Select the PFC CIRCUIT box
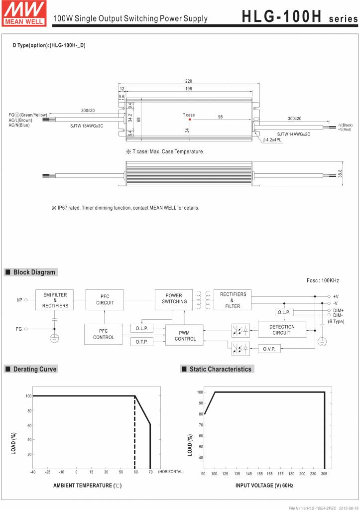[105, 300]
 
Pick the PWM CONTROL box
[185, 336]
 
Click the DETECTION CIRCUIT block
[281, 330]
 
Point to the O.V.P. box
[269, 349]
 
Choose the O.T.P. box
[142, 342]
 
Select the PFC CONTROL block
[104, 334]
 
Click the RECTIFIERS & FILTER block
[233, 300]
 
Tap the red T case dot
[190, 120]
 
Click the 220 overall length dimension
[188, 81]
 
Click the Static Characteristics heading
[220, 369]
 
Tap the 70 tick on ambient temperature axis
[150, 472]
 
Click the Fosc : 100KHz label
[323, 281]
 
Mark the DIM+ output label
[338, 310]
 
